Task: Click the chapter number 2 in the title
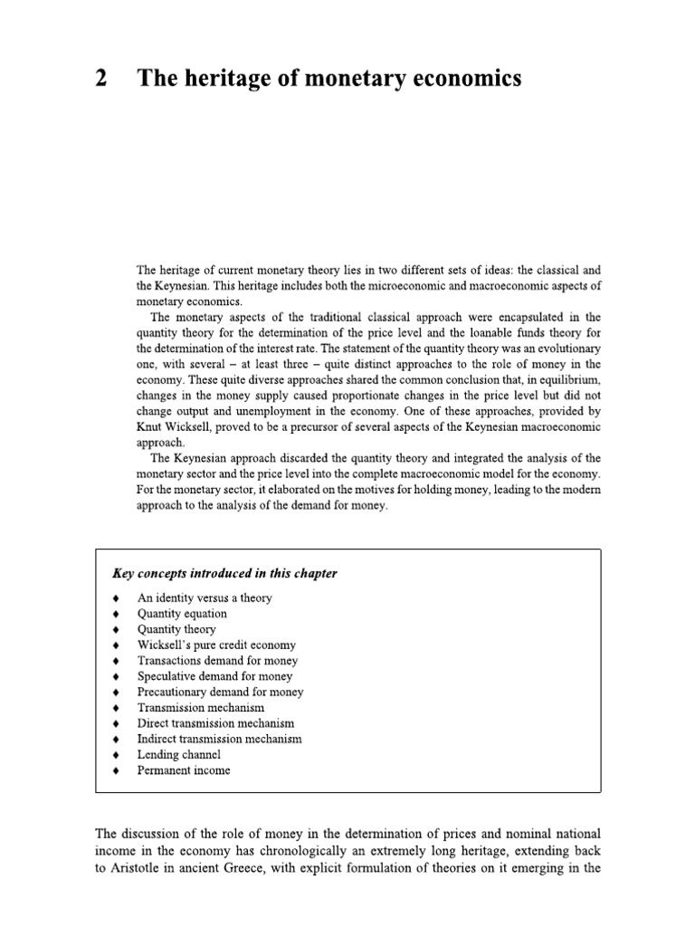[101, 80]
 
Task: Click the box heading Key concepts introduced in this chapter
[224, 573]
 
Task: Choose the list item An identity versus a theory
[204, 598]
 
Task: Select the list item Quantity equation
[182, 614]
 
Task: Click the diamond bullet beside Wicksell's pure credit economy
[115, 645]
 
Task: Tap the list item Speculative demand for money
[214, 676]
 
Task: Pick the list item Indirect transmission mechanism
[219, 739]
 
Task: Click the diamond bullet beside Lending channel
[115, 755]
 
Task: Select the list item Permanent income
[184, 770]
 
